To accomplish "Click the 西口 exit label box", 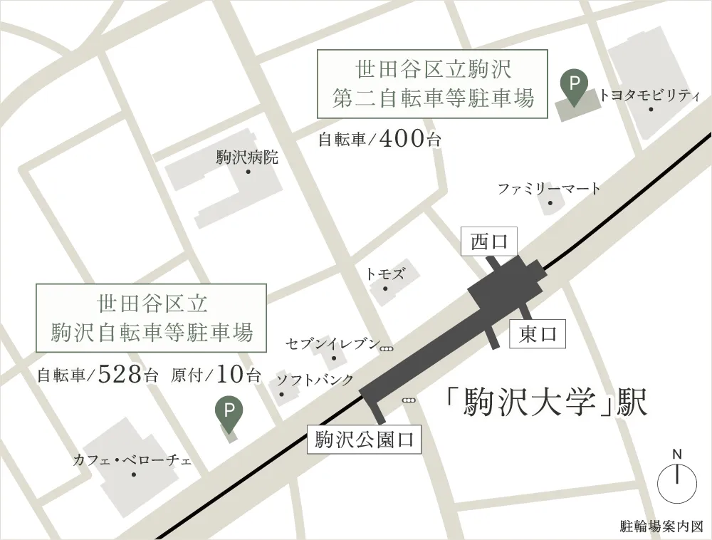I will [x=488, y=242].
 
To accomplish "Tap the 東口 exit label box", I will [x=538, y=333].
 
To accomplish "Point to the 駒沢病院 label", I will [x=247, y=157].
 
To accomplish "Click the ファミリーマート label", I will [x=549, y=189].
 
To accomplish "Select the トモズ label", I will [x=385, y=273].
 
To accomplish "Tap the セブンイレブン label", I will [x=333, y=343].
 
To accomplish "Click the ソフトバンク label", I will [x=315, y=380].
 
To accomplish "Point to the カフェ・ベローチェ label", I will [x=132, y=460].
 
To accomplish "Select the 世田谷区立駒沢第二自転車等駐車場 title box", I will [x=432, y=83].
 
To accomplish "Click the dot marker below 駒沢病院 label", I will [x=248, y=172].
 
